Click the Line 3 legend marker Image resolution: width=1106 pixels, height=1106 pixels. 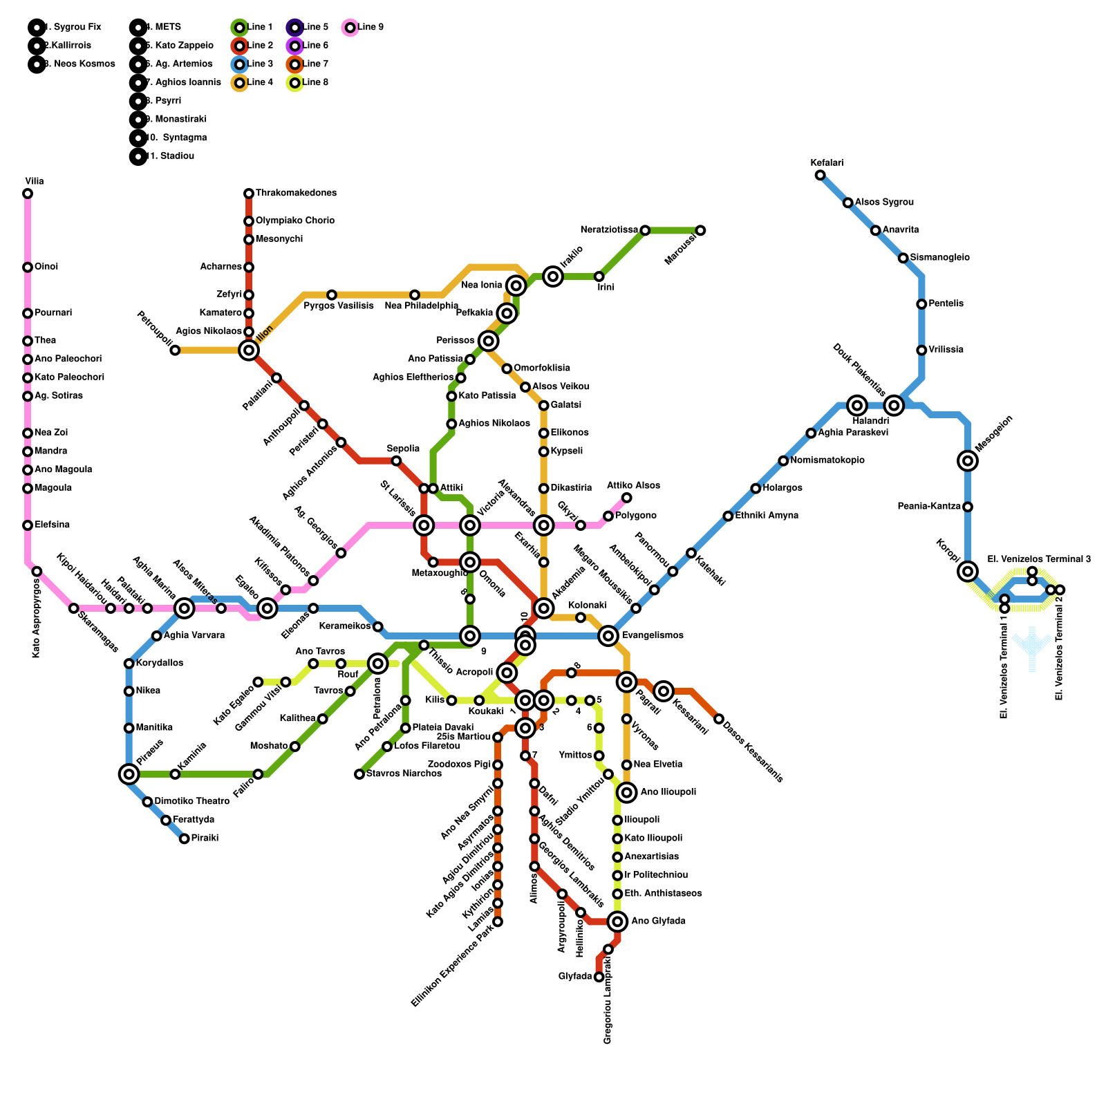[x=239, y=64]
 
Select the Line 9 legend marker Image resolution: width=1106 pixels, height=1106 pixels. [x=350, y=28]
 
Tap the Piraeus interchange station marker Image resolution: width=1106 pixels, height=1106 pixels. [x=129, y=774]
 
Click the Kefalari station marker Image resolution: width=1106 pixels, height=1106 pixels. [x=820, y=175]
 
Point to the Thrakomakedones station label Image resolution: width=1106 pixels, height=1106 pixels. [x=296, y=193]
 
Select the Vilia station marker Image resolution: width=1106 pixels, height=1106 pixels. [x=28, y=194]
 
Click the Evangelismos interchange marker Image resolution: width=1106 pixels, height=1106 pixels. [x=608, y=636]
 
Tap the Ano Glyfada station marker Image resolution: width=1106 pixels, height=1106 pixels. [x=618, y=921]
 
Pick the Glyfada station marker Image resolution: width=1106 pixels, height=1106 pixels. [x=599, y=977]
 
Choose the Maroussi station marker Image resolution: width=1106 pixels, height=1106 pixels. [x=700, y=230]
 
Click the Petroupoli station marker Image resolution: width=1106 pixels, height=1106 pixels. [x=175, y=350]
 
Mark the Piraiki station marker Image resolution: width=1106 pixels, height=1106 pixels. [x=184, y=838]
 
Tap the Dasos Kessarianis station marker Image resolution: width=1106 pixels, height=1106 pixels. [x=719, y=719]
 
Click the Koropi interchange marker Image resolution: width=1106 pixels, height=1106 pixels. [x=968, y=572]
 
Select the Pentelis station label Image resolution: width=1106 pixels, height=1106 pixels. [x=946, y=304]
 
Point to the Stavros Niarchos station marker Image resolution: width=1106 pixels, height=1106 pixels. [x=359, y=774]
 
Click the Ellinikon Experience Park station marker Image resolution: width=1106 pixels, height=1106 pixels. [x=498, y=921]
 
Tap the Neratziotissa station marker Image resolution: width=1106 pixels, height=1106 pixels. [x=645, y=230]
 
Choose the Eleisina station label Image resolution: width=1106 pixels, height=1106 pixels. [x=52, y=525]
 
